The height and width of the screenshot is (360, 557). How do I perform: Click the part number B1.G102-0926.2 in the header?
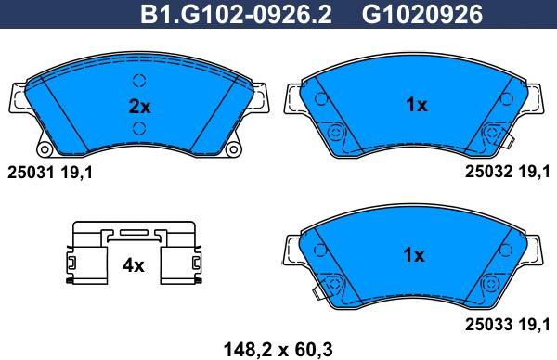(236, 15)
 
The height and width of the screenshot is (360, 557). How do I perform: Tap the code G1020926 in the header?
(422, 15)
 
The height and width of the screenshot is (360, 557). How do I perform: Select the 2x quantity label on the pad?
(139, 106)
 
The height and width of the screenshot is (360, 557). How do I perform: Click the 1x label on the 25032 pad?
(417, 105)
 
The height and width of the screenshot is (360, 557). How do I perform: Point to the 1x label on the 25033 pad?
(414, 255)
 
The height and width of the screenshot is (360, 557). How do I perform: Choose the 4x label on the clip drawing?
(133, 265)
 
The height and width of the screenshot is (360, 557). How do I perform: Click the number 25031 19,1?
(50, 173)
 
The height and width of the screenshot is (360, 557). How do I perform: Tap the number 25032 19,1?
(508, 172)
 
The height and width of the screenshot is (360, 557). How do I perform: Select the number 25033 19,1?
(508, 324)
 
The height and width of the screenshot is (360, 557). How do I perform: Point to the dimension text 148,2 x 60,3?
(278, 350)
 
